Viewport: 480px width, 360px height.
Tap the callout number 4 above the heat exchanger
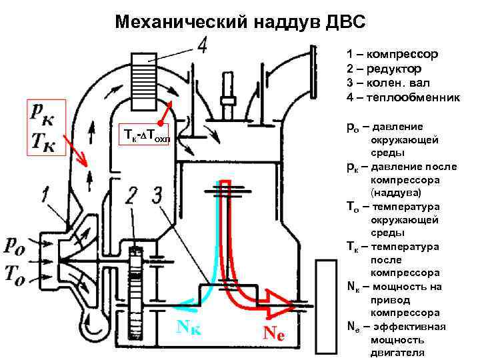click(x=202, y=45)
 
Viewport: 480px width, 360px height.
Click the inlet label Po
click(x=19, y=246)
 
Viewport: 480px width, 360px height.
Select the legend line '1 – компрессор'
click(x=391, y=54)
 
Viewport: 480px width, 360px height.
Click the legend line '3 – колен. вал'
click(x=387, y=83)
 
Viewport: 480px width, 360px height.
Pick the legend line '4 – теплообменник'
click(x=403, y=97)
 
